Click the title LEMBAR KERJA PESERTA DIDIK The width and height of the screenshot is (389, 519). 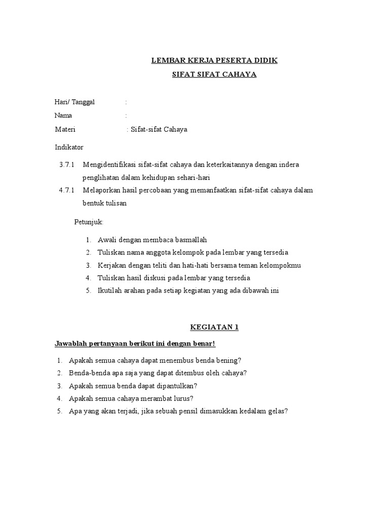(215, 61)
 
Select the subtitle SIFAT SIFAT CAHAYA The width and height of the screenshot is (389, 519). (215, 75)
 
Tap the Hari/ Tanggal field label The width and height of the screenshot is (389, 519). (74, 102)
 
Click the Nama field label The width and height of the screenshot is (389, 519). (63, 116)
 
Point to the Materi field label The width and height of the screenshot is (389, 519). (65, 129)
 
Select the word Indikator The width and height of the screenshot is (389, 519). (69, 147)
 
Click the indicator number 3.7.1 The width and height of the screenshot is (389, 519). (67, 165)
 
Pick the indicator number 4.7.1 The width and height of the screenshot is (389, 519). (67, 191)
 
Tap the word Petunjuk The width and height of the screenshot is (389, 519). (89, 222)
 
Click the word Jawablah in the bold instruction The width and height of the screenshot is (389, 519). (69, 344)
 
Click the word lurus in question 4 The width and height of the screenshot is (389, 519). (182, 398)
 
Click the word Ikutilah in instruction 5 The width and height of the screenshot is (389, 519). (109, 291)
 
